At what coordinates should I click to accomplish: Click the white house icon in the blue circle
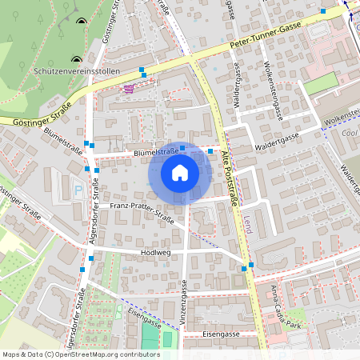pyautogui.click(x=179, y=172)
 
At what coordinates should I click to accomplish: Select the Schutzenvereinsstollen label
pyautogui.click(x=77, y=71)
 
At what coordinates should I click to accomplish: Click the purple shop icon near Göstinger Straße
pyautogui.click(x=128, y=89)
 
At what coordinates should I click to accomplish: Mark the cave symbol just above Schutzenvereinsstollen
pyautogui.click(x=76, y=58)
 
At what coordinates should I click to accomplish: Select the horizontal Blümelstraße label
pyautogui.click(x=155, y=150)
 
